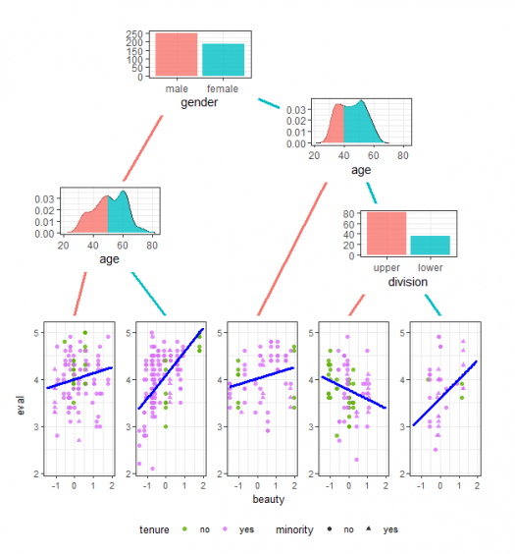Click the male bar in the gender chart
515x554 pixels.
click(176, 54)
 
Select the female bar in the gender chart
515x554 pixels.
click(223, 60)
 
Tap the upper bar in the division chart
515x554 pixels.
click(386, 234)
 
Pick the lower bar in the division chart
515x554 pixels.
click(430, 246)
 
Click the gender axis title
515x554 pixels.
click(199, 103)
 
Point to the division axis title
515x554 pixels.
click(408, 282)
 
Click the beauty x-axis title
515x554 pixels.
click(269, 500)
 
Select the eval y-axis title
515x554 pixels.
click(21, 406)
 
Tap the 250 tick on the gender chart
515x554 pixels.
click(134, 34)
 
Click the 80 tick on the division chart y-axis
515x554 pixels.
click(348, 214)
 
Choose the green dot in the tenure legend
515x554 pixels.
click(184, 528)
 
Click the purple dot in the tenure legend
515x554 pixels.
click(225, 528)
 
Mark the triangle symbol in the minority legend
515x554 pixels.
click(369, 528)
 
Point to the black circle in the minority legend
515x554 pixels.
click(330, 528)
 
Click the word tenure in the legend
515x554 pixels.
click(154, 529)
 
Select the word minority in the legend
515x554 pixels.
click(294, 529)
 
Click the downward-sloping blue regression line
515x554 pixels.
click(354, 393)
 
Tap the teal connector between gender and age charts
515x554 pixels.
click(269, 103)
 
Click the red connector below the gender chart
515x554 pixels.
click(143, 148)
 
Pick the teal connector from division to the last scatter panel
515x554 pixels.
click(433, 305)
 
